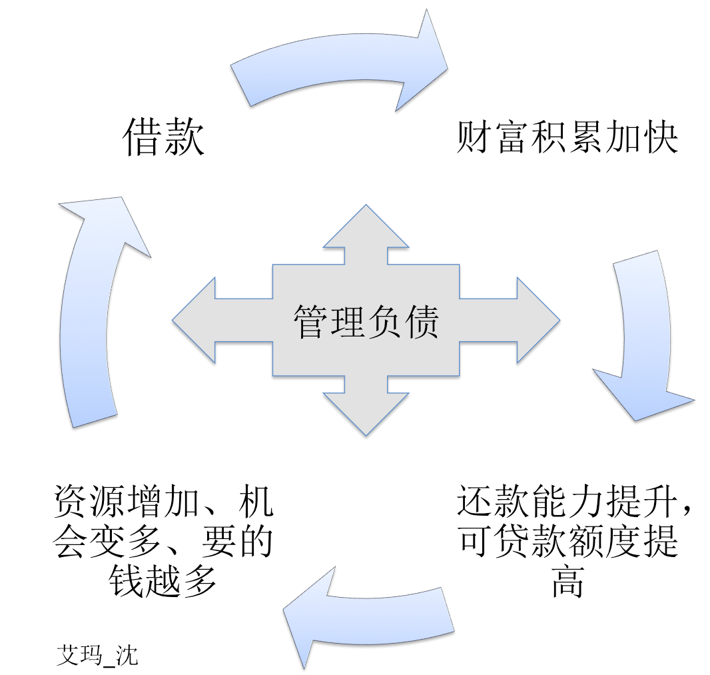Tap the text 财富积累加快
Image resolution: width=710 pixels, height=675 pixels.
pyautogui.click(x=567, y=138)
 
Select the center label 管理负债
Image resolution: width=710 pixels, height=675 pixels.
pyautogui.click(x=366, y=322)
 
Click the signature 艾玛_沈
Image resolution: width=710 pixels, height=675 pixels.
pyautogui.click(x=97, y=655)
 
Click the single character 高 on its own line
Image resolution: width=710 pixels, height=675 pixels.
pyautogui.click(x=567, y=582)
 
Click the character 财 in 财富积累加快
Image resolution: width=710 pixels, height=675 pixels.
pyautogui.click(x=475, y=138)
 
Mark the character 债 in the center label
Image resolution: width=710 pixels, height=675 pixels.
pyautogui.click(x=422, y=322)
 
